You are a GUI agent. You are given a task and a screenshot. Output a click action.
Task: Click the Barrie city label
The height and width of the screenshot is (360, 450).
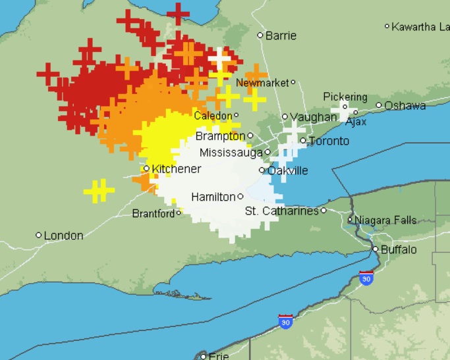point(281,36)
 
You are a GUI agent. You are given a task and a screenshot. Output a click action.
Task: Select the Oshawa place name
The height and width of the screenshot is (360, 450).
point(405,105)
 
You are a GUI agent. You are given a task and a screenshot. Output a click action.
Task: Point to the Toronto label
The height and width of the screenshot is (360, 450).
point(329,141)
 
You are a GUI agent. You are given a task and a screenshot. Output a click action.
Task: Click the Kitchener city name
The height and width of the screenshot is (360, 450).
point(176,169)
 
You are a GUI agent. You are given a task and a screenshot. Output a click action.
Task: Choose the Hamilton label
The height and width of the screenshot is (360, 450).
point(213,197)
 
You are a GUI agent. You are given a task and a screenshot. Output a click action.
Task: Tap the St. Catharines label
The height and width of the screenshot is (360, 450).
point(281,211)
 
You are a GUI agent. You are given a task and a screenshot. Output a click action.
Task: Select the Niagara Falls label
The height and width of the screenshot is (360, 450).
point(385,220)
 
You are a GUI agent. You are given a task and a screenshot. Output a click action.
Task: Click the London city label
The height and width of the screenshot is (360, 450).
point(63,235)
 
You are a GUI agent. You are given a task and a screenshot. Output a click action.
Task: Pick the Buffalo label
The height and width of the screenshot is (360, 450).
point(399,250)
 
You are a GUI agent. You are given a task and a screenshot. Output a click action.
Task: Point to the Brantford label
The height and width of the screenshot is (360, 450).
point(154,213)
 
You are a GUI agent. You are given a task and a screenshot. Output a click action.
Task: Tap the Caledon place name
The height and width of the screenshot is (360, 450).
point(213,116)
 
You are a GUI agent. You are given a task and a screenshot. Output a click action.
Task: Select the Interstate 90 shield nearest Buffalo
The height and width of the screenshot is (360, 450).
point(366,278)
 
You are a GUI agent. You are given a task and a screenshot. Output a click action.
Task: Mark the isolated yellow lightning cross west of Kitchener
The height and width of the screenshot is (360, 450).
point(99,192)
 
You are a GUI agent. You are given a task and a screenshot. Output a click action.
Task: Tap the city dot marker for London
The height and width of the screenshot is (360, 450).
point(39,235)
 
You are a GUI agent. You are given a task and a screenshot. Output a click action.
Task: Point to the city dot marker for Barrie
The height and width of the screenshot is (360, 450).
point(260,36)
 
